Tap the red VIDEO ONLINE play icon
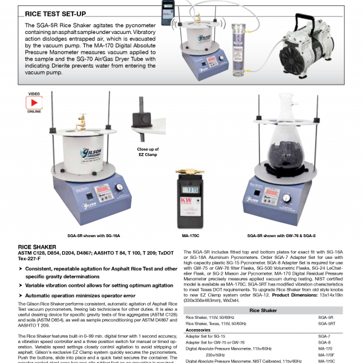34,102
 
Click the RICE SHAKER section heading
37,247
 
